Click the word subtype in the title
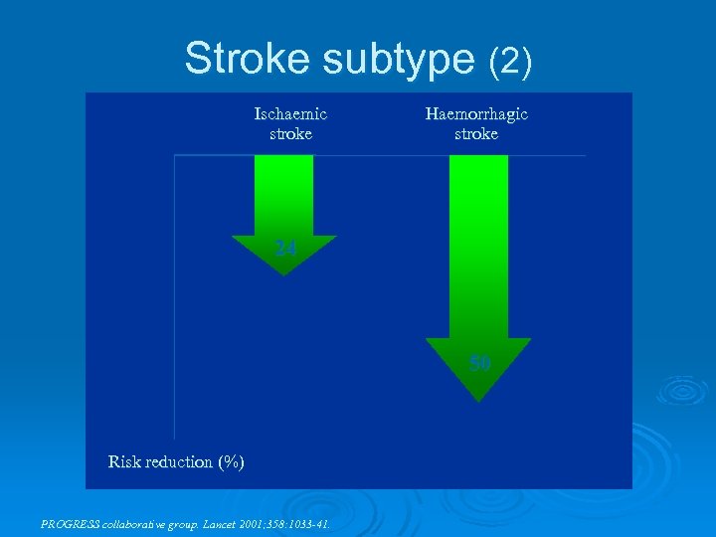(399, 61)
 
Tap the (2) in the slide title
(511, 62)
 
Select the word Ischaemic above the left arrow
(290, 113)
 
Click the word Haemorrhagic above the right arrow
(476, 113)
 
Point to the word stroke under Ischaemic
(290, 133)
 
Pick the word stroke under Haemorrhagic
(476, 133)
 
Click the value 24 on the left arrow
(285, 250)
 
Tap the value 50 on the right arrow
(480, 364)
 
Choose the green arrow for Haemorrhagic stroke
(478, 259)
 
